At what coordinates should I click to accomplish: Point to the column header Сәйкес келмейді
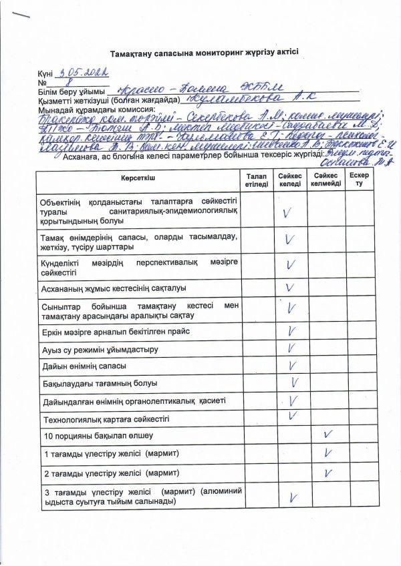coord(325,180)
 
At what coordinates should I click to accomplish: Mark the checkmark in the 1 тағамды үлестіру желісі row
coord(327,453)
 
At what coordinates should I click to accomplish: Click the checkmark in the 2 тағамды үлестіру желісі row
coord(327,473)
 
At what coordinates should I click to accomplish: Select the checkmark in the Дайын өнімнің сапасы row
coord(292,365)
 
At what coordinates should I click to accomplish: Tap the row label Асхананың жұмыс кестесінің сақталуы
coord(114,288)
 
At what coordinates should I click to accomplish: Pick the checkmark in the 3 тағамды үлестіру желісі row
coord(292,497)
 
